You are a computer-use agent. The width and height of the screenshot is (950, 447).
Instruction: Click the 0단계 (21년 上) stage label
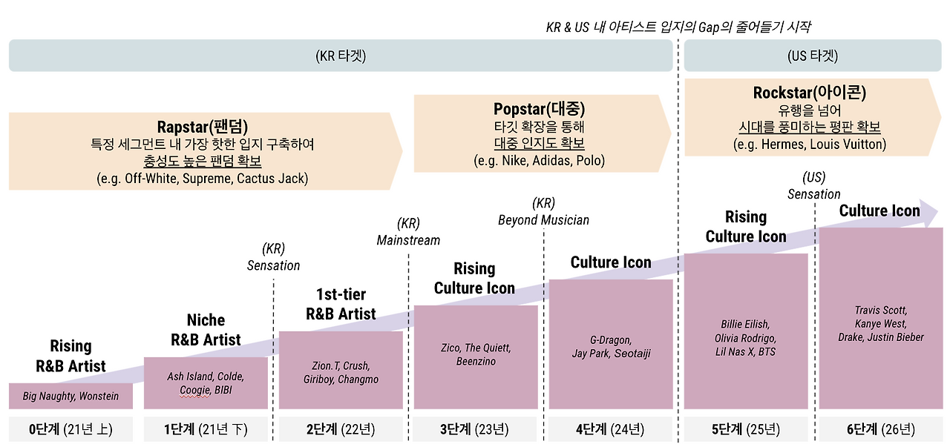(x=71, y=429)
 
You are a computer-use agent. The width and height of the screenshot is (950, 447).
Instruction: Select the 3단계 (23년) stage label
(x=475, y=429)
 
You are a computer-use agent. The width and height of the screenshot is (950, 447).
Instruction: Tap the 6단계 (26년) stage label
(x=880, y=429)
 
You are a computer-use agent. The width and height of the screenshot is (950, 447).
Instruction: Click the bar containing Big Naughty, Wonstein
(x=71, y=396)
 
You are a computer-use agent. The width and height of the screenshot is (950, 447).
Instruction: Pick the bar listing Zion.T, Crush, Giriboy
(x=341, y=371)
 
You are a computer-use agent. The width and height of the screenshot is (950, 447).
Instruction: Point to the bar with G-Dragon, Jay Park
(x=611, y=345)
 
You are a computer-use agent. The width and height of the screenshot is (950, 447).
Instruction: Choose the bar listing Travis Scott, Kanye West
(x=879, y=319)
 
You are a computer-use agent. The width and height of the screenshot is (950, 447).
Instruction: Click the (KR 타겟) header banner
(x=341, y=56)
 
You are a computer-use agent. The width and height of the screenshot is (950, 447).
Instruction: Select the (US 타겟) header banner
(x=813, y=56)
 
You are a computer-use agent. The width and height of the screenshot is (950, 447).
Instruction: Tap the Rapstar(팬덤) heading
(x=202, y=126)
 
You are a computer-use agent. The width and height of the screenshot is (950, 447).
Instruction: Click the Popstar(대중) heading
(x=539, y=109)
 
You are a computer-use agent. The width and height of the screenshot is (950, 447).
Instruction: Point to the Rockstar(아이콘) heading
(x=810, y=93)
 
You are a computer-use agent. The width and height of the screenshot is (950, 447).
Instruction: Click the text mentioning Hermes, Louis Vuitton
(x=810, y=145)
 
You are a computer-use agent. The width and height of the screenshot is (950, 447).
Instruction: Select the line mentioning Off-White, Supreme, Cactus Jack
(x=202, y=179)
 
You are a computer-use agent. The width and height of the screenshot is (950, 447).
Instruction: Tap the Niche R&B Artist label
(x=206, y=330)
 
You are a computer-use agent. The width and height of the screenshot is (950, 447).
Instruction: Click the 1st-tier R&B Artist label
(x=341, y=304)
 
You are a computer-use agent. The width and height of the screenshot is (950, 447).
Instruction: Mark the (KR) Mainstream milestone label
(x=408, y=232)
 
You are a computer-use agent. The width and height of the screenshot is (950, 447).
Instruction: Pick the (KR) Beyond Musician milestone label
(x=543, y=212)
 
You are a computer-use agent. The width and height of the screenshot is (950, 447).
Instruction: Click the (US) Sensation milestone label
(x=814, y=186)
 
